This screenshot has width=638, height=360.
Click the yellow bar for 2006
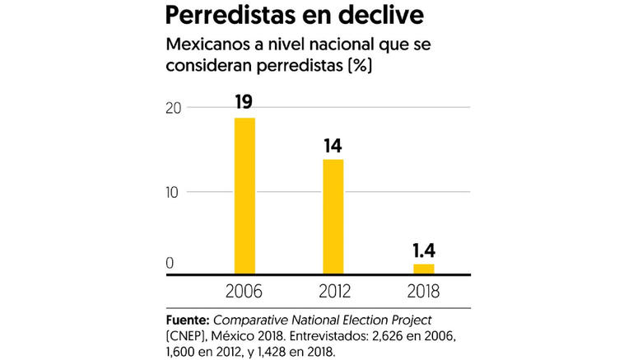point(244,195)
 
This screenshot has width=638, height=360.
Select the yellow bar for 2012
point(333,216)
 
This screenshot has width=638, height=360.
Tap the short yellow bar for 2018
point(423,269)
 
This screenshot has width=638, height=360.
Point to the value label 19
point(244,103)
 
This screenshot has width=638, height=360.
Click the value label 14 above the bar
point(333,146)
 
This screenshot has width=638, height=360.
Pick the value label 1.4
point(423,250)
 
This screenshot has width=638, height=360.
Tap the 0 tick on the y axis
point(170,264)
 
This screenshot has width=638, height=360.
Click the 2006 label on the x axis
point(244,290)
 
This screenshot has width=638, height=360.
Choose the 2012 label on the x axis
point(333,290)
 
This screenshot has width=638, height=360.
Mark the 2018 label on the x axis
point(422,290)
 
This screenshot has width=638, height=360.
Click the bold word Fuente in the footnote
point(186,318)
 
